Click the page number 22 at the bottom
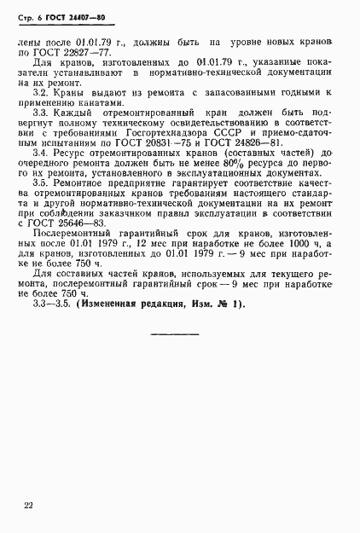tap(28, 507)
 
